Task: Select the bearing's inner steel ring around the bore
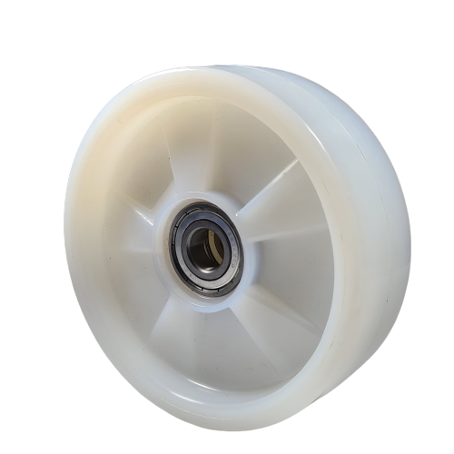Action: coord(192,237)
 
